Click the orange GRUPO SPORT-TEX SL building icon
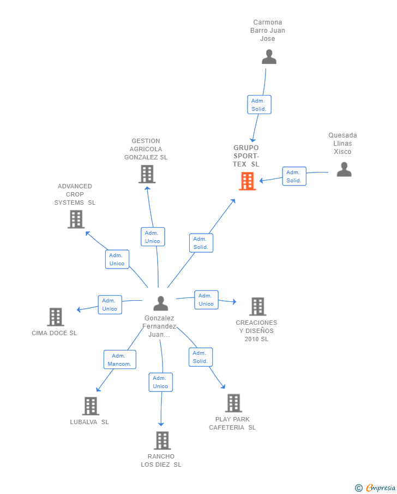point(248,181)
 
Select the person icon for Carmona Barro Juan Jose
point(269,57)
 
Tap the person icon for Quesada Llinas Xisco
point(344,169)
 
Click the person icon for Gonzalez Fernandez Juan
point(161,303)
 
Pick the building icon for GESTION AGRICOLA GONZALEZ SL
point(147,174)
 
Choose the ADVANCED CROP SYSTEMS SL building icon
point(76,219)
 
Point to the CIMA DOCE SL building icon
point(55,317)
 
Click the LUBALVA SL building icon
point(91,406)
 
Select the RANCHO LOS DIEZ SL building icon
point(162,440)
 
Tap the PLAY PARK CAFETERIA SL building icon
point(233,403)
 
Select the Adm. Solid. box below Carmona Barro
point(259,105)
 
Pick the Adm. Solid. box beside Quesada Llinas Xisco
point(294,176)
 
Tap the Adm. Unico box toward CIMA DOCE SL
point(110,305)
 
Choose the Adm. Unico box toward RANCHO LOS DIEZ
point(161,382)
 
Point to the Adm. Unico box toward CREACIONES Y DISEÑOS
point(206,300)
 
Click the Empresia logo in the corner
point(376,487)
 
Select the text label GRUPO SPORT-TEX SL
point(246,156)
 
